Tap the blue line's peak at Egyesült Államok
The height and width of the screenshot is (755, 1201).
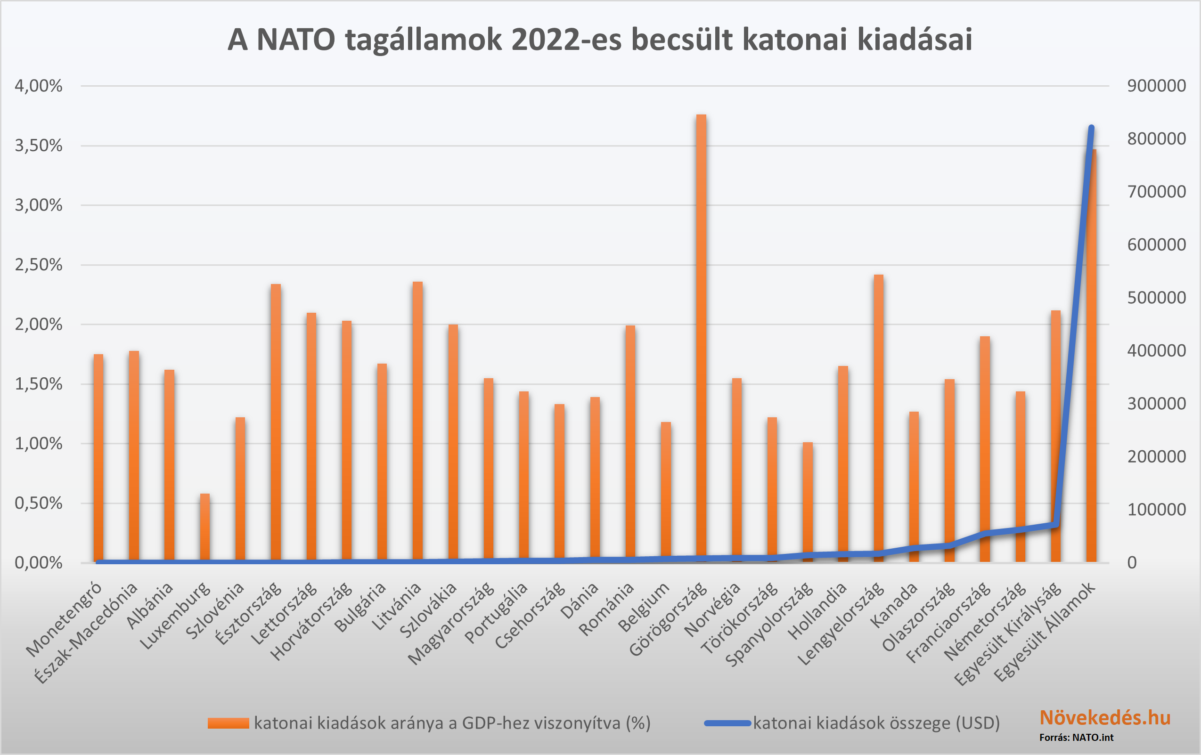click(1091, 128)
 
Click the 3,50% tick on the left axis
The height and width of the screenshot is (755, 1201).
click(39, 146)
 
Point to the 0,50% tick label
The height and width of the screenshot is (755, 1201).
click(39, 503)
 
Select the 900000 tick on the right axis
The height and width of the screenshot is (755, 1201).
click(1156, 86)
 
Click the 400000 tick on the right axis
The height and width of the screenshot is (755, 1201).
click(1156, 350)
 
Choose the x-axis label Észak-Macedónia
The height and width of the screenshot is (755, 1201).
click(86, 633)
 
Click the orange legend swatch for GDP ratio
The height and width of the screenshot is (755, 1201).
click(228, 723)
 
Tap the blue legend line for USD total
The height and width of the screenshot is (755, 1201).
click(727, 723)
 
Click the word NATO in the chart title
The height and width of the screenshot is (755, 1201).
click(295, 40)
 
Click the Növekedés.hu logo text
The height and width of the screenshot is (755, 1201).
click(1105, 718)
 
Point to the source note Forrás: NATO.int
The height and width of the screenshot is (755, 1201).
click(1076, 738)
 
